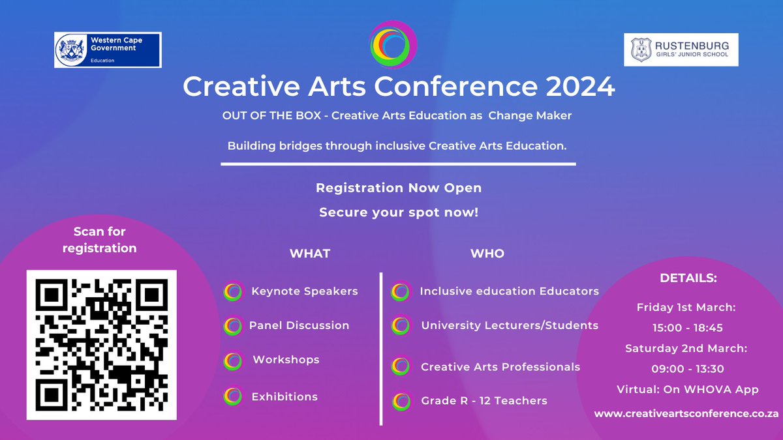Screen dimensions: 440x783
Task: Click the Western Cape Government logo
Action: (108, 50)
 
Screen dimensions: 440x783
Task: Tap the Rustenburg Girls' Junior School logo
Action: (681, 50)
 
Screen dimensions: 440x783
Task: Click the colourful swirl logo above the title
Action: (391, 44)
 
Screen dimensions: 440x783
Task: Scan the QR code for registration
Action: (101, 345)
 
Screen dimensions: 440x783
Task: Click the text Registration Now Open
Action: (399, 188)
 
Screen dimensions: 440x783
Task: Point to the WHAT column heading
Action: (310, 254)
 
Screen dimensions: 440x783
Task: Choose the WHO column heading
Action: (487, 254)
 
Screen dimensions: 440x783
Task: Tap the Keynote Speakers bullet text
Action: (304, 291)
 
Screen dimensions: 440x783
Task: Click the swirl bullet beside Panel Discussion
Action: (232, 325)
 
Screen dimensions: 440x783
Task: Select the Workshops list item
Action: (286, 359)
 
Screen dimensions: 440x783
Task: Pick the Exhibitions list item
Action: (284, 396)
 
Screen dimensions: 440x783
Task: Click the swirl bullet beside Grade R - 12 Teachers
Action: (401, 401)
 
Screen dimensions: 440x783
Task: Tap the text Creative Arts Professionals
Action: (500, 367)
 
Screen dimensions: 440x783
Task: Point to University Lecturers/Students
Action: (510, 325)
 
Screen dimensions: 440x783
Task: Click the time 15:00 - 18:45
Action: (687, 328)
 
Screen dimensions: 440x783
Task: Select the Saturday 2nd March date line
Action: (686, 348)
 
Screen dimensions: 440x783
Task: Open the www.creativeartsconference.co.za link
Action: (687, 414)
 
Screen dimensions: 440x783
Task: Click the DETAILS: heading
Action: (688, 278)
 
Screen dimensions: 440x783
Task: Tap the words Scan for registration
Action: (100, 239)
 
